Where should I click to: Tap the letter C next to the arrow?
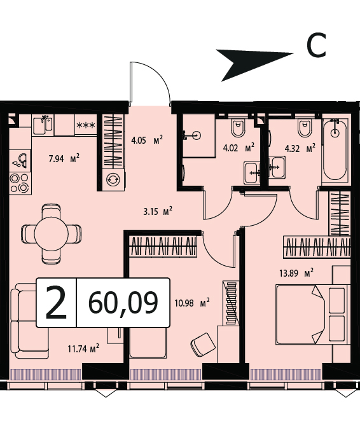[x=316, y=45]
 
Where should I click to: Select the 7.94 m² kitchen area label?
[x=64, y=158]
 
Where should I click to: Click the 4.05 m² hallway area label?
[x=147, y=141]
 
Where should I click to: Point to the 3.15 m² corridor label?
[x=158, y=212]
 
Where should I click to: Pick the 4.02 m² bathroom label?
[x=239, y=148]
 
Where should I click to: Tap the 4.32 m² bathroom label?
[x=300, y=149]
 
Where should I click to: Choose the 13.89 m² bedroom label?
[x=296, y=273]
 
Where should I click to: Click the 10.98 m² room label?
[x=192, y=303]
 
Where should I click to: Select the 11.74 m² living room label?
[x=83, y=349]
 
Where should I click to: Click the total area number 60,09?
[x=123, y=303]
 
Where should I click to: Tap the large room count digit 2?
[x=56, y=303]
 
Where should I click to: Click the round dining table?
[x=52, y=233]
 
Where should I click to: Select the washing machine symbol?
[x=113, y=179]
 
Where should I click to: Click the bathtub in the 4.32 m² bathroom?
[x=335, y=149]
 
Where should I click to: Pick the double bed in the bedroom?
[x=313, y=315]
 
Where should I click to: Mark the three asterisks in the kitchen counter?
[x=86, y=125]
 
